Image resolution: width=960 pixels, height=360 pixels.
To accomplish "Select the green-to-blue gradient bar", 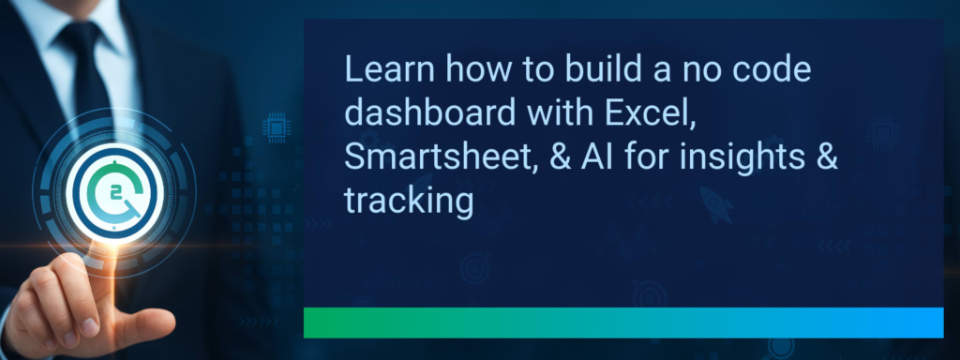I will (622, 322).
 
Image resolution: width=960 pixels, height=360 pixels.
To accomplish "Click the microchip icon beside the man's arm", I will (277, 127).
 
